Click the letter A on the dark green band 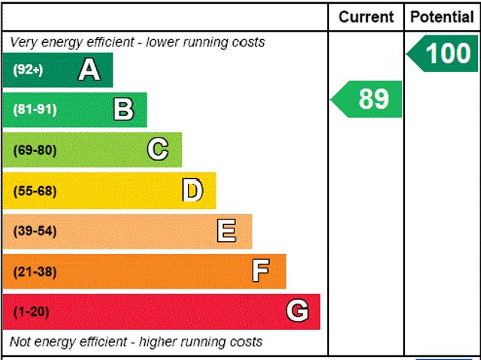89,70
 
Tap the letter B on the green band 123,110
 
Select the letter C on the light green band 158,150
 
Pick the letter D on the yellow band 192,191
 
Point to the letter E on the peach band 226,231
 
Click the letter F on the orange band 261,271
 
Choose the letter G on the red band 298,311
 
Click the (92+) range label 29,70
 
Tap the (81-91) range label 35,110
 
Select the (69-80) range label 35,150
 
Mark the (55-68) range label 35,191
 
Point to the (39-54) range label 35,231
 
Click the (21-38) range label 35,271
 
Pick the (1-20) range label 31,311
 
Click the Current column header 366,17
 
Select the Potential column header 443,17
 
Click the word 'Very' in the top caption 23,42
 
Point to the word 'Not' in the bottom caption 21,342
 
